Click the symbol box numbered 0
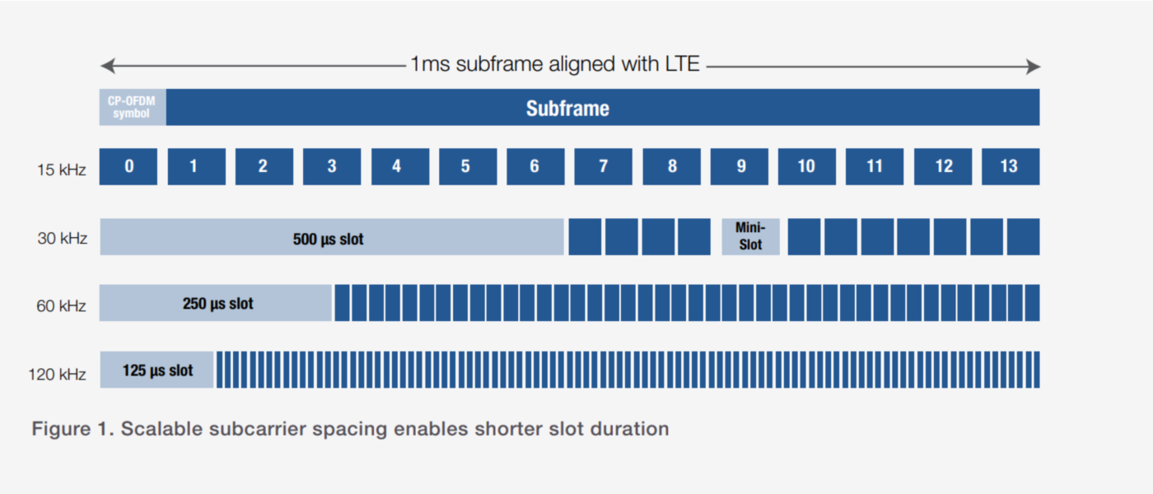tap(128, 166)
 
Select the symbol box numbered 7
tap(603, 166)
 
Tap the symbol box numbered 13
tap(1011, 166)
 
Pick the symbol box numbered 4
tap(400, 166)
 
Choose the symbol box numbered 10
tap(806, 166)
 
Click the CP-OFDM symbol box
tap(133, 107)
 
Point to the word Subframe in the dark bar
tap(567, 108)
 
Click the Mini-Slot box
tap(750, 237)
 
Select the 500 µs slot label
tap(328, 239)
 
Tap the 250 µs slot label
tap(217, 304)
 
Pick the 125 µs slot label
tap(157, 370)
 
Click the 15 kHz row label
tap(61, 170)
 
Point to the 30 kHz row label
tap(62, 238)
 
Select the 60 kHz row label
tap(61, 306)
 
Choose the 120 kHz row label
tap(57, 374)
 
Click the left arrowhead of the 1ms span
tap(107, 66)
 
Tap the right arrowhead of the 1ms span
tap(1033, 67)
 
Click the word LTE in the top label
tap(682, 64)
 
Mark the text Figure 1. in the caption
tap(72, 429)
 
